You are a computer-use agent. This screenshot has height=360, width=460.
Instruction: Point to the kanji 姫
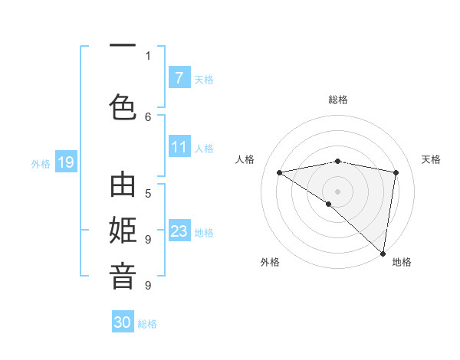click(123, 231)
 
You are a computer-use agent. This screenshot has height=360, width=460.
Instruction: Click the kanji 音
click(123, 276)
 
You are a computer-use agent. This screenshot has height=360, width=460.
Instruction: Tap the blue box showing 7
click(179, 77)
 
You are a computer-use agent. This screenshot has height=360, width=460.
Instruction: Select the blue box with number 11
click(179, 147)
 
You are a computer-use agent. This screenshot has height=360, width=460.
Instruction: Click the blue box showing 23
click(179, 231)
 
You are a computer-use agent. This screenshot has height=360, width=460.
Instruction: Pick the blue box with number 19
click(65, 162)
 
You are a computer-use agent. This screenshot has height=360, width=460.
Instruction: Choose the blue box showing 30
click(123, 322)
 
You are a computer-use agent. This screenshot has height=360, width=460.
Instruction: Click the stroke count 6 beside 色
click(148, 116)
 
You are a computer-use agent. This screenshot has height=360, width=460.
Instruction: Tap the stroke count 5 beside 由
click(148, 193)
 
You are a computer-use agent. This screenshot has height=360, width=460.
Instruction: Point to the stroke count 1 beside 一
click(148, 55)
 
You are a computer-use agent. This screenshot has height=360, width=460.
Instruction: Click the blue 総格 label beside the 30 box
click(148, 324)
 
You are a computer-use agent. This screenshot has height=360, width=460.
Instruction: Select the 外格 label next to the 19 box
click(41, 163)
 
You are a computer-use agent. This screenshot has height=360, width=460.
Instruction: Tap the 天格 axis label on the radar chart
click(431, 159)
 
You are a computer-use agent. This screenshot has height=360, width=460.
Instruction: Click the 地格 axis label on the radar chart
click(402, 262)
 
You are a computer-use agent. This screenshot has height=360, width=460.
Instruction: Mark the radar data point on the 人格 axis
click(280, 172)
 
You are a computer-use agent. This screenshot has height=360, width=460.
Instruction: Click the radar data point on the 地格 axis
click(383, 253)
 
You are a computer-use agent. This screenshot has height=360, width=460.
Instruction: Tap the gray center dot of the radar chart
click(337, 191)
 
